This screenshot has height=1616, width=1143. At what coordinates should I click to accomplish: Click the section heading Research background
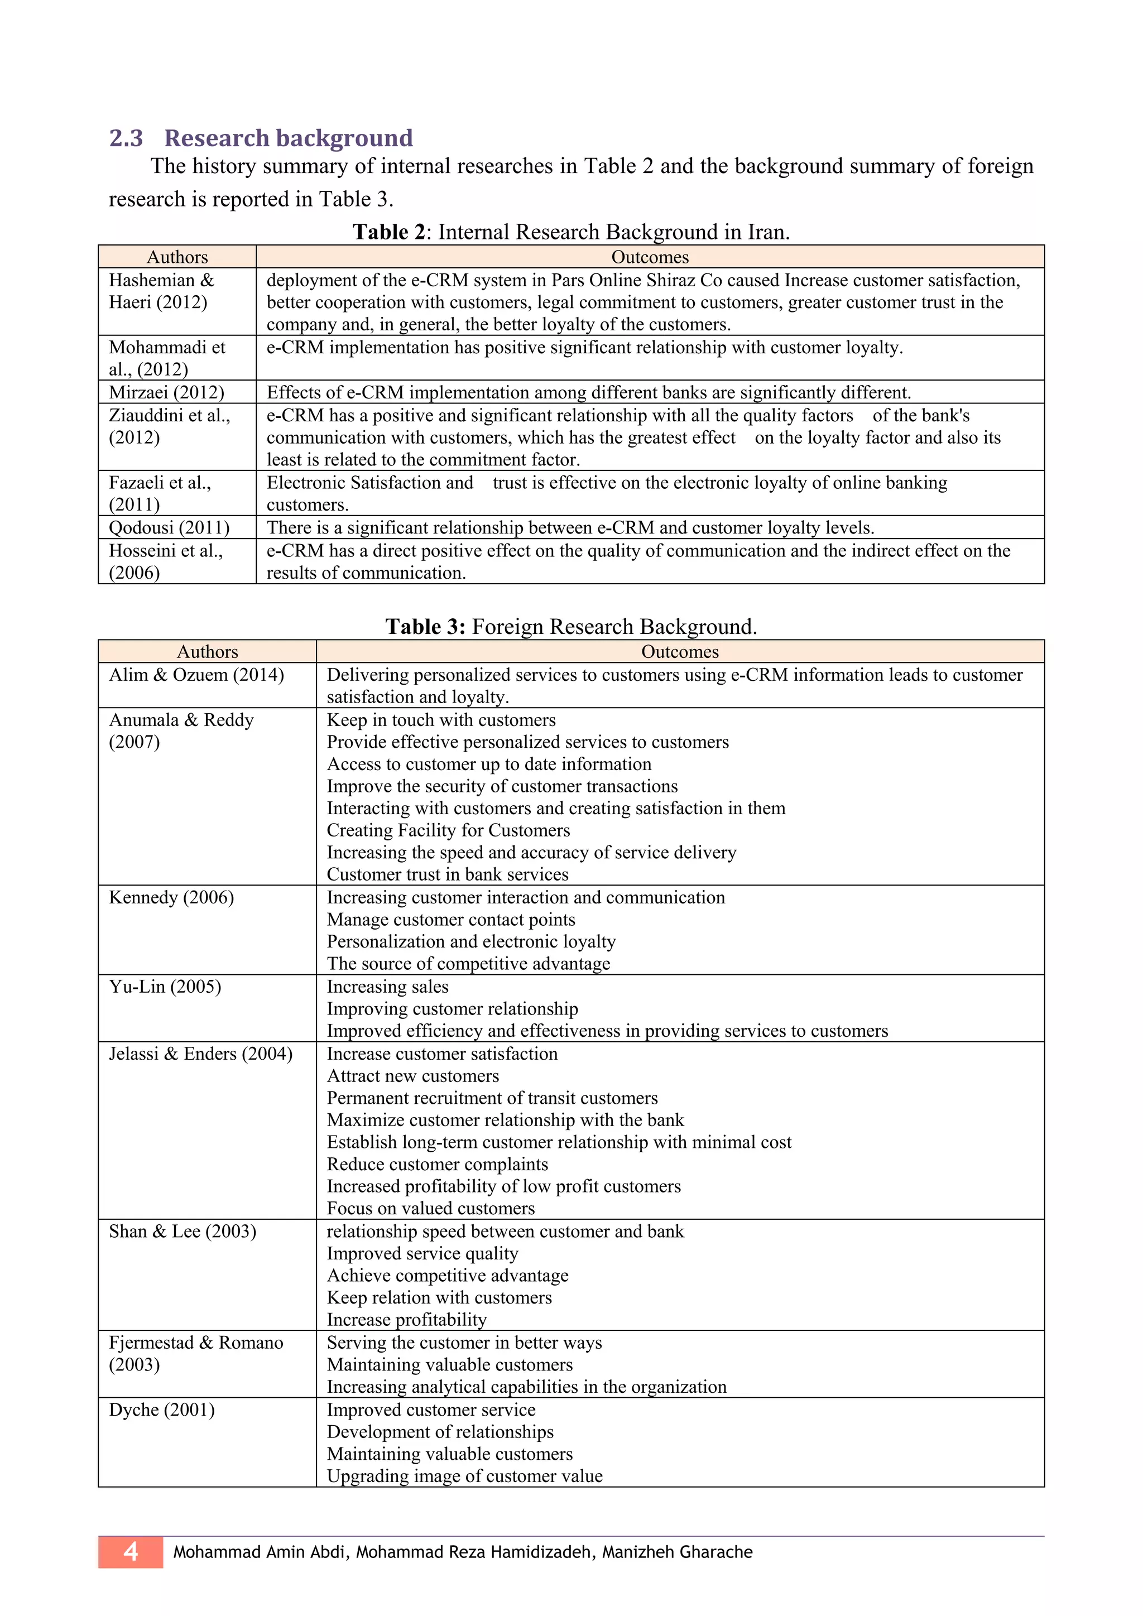[289, 138]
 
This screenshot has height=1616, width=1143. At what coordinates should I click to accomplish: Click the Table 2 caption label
[389, 232]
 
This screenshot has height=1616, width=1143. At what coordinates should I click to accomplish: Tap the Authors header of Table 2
[177, 257]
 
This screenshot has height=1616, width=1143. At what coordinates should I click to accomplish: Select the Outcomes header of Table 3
[680, 652]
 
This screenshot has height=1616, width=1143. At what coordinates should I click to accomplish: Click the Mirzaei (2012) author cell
[167, 392]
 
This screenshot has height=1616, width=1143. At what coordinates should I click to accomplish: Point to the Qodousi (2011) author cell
[170, 527]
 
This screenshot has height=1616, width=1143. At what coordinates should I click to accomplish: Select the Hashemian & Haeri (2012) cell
[161, 291]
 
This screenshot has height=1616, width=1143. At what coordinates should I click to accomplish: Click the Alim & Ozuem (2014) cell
[196, 675]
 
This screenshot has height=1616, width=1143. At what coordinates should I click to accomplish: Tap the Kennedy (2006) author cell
[172, 897]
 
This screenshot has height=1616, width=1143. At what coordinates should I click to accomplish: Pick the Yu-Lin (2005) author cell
[165, 987]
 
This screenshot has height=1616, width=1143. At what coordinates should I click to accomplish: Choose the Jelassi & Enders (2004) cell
[200, 1054]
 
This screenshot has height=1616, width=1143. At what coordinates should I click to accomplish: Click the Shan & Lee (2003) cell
[183, 1231]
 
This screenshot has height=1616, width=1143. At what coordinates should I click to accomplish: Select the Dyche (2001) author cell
[162, 1410]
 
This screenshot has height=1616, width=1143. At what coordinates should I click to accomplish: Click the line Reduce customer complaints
[437, 1164]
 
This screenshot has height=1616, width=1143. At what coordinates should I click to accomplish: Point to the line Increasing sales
[388, 987]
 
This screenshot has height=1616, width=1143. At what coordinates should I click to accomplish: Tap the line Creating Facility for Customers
[448, 830]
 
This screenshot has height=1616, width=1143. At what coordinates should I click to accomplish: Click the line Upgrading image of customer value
[464, 1476]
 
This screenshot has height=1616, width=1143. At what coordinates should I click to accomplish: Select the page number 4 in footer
[131, 1551]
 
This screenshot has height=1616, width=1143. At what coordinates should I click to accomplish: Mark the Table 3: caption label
[425, 627]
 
